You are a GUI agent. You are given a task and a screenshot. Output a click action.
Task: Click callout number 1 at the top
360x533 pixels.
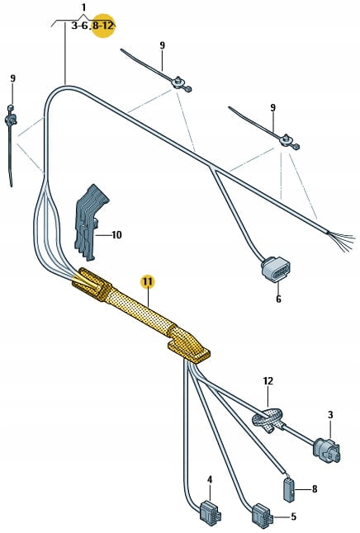83,7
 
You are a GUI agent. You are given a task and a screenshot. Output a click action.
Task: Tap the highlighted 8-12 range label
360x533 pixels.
102,26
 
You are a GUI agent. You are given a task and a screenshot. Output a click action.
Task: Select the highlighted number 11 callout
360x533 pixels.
148,282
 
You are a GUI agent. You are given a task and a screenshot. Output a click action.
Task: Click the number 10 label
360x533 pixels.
116,235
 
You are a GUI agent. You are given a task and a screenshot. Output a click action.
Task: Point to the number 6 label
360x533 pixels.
279,300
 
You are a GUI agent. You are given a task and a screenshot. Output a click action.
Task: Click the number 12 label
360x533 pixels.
268,381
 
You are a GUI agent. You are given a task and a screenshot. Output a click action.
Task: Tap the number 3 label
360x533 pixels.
330,415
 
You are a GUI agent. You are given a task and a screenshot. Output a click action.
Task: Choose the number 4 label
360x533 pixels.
210,479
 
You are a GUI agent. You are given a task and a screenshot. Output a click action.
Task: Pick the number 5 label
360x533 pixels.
293,516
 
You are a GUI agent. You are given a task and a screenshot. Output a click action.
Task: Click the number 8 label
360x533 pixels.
315,488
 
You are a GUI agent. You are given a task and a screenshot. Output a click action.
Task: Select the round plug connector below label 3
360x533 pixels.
327,450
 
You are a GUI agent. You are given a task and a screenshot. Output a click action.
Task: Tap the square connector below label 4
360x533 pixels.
208,511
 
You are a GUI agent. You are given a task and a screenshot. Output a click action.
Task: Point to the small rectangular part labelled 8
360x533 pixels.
289,488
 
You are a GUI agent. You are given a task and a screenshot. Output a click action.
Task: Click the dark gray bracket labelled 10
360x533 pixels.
89,223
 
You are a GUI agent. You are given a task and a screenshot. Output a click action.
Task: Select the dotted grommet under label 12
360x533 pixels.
268,419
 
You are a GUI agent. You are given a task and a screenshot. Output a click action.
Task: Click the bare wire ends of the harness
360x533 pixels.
341,240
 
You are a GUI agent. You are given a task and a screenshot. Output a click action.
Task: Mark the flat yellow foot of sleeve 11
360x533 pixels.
190,353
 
